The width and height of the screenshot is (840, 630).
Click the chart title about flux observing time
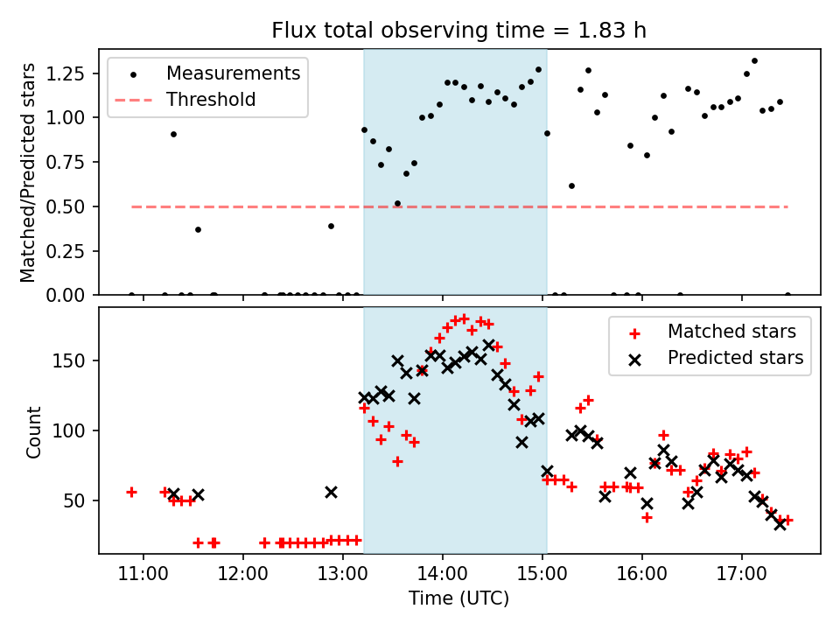[x=459, y=31]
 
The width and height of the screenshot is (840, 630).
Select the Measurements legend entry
[x=233, y=73]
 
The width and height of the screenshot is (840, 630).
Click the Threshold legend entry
[x=211, y=100]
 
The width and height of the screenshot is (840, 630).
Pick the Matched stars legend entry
[x=731, y=332]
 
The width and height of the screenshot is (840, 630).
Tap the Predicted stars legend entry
[x=735, y=358]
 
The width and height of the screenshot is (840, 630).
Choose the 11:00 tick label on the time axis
[x=143, y=577]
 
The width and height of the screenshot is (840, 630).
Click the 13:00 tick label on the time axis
[x=343, y=577]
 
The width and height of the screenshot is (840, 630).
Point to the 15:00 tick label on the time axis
[x=542, y=577]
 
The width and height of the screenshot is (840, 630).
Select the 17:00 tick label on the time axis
[x=742, y=577]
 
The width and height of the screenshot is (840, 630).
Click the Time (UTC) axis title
[x=459, y=599]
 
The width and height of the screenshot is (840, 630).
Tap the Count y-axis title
[x=34, y=431]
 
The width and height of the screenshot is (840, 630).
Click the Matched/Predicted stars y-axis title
[x=29, y=172]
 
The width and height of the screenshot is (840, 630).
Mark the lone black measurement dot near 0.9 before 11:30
[x=173, y=134]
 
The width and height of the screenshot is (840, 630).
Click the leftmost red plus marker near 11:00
[x=131, y=492]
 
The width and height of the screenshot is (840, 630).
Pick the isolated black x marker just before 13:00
[x=331, y=492]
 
